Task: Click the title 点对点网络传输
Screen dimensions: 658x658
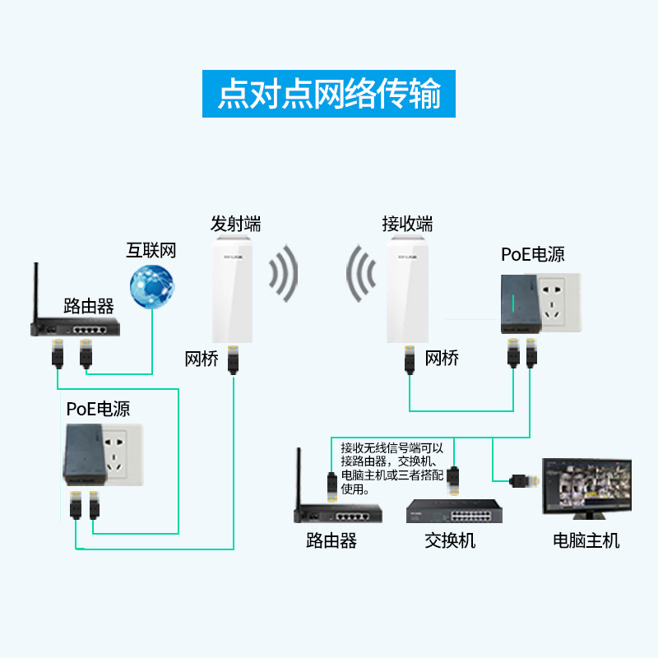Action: tap(329, 94)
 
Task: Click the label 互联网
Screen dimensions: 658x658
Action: tap(151, 250)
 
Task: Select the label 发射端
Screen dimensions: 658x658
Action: tap(235, 223)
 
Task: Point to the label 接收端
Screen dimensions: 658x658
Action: tap(407, 223)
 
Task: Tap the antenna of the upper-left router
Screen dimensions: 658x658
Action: tap(36, 292)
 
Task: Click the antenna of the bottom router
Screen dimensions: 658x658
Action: tap(300, 477)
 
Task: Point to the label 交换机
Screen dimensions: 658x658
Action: tap(450, 540)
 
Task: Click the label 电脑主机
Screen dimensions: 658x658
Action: tap(586, 540)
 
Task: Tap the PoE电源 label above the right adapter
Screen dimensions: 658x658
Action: tap(533, 254)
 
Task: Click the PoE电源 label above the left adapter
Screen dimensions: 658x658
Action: tap(98, 409)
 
